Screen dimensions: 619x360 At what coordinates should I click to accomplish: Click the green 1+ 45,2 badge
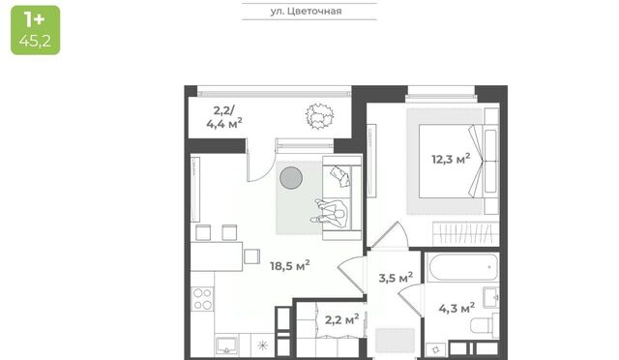[x=36, y=30]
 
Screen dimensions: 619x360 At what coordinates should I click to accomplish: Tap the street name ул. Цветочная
[x=306, y=11]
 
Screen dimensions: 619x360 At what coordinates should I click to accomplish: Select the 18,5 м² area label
[x=290, y=265]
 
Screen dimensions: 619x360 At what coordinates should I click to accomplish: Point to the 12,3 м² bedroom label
[x=451, y=159]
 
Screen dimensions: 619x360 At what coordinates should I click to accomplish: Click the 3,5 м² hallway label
[x=396, y=278]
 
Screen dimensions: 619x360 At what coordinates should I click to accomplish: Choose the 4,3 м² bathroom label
[x=457, y=308]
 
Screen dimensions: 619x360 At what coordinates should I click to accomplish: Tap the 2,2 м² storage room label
[x=341, y=319]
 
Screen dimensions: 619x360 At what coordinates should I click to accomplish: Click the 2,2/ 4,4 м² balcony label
[x=223, y=117]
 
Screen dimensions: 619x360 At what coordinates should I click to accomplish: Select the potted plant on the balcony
[x=319, y=116]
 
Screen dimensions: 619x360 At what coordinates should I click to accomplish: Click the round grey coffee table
[x=291, y=177]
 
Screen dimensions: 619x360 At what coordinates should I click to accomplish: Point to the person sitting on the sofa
[x=330, y=213]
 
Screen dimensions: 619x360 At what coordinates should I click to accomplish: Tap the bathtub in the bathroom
[x=462, y=267]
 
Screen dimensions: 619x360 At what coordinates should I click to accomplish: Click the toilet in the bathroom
[x=485, y=325]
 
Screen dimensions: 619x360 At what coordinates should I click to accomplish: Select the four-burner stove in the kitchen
[x=202, y=299]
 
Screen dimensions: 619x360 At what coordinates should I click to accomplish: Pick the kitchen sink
[x=226, y=345]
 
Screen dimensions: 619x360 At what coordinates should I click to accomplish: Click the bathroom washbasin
[x=490, y=297]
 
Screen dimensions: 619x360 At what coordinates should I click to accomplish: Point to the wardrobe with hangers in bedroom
[x=466, y=233]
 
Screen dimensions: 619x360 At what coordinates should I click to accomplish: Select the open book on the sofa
[x=340, y=176]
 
